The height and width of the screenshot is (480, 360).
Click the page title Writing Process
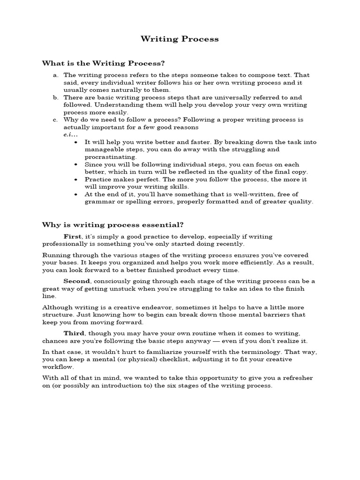click(x=180, y=39)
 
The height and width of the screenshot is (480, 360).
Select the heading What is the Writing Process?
click(x=104, y=63)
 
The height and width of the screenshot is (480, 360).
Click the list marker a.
click(x=56, y=75)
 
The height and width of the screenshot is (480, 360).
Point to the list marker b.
click(x=56, y=97)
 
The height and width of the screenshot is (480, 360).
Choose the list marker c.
click(x=56, y=120)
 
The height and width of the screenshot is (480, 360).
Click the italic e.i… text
click(x=70, y=135)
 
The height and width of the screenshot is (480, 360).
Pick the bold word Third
click(x=74, y=333)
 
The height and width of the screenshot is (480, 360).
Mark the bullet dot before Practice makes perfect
click(x=76, y=180)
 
